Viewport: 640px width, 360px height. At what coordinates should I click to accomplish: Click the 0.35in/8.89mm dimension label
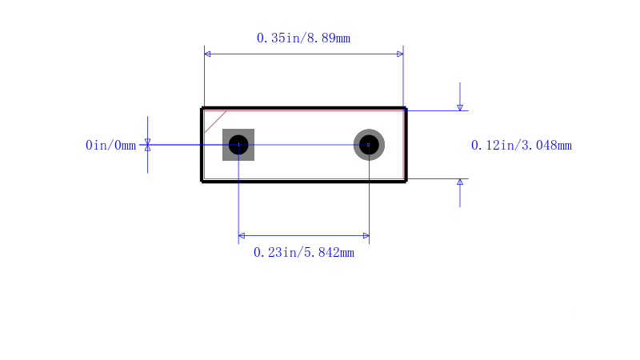(x=303, y=38)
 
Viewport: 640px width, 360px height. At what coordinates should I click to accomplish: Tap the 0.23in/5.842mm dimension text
(x=304, y=253)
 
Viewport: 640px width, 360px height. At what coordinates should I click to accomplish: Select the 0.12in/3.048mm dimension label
(x=522, y=146)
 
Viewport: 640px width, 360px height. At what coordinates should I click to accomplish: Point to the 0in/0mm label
(x=110, y=146)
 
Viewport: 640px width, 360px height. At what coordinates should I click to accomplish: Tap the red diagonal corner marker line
(x=215, y=122)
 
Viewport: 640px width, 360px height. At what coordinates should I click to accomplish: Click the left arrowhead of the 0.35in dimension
(x=207, y=54)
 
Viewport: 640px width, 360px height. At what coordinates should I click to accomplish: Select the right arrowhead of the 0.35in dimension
(x=400, y=54)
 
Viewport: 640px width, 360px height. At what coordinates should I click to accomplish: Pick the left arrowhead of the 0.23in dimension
(x=242, y=235)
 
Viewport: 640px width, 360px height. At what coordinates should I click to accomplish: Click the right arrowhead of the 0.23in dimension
(x=366, y=235)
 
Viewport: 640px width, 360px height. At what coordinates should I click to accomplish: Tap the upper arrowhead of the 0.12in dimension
(x=460, y=107)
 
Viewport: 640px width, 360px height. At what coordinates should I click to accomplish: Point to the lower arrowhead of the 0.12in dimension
(x=460, y=182)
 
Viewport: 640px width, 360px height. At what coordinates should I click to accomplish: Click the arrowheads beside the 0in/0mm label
(x=148, y=145)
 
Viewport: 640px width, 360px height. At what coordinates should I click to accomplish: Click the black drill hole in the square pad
(x=238, y=145)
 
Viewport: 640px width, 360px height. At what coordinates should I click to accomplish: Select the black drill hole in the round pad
(x=369, y=145)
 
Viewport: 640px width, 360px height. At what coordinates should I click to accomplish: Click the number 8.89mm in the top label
(x=329, y=38)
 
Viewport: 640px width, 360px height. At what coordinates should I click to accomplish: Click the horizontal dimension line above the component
(x=304, y=54)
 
